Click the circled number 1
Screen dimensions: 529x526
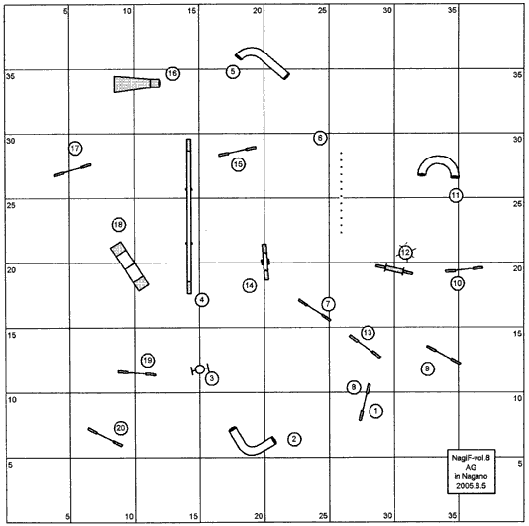[375, 411]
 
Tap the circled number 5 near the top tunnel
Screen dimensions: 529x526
[233, 72]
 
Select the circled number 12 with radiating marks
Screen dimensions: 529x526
[405, 252]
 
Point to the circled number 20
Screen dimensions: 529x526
[121, 428]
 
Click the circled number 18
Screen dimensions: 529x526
[119, 225]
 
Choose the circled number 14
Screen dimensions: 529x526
[250, 286]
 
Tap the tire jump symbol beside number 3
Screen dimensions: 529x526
[200, 369]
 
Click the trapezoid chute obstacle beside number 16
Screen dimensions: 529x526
[137, 83]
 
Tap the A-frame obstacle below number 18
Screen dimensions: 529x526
[129, 266]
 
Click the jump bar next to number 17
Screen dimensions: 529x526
[73, 170]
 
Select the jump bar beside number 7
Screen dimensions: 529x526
[314, 310]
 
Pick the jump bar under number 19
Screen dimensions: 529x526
[137, 373]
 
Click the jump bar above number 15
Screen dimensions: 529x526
[237, 151]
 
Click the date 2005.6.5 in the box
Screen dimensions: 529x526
[471, 486]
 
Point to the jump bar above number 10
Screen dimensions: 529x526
[464, 269]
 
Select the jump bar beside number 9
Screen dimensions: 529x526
[443, 355]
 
